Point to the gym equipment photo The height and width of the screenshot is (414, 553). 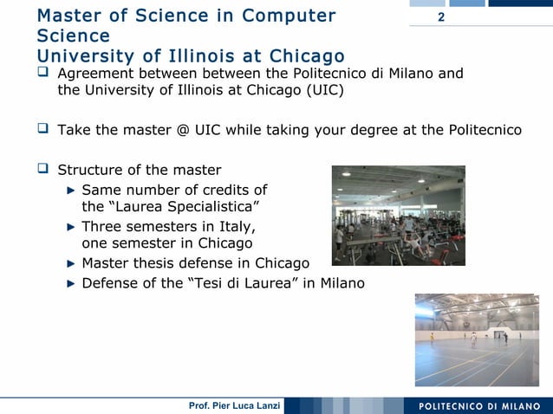coord(398,215)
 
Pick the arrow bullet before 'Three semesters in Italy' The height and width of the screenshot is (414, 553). coord(72,227)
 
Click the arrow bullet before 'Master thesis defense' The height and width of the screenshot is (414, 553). coord(72,262)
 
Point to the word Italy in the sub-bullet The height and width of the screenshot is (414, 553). coord(236,227)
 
